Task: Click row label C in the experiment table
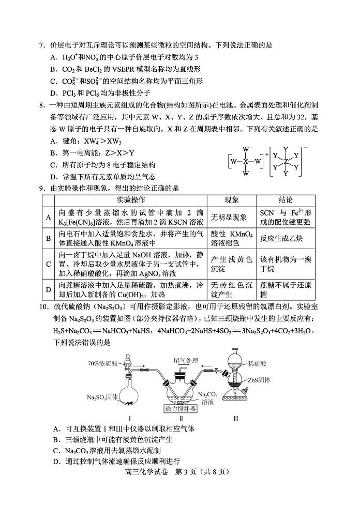[48, 264]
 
